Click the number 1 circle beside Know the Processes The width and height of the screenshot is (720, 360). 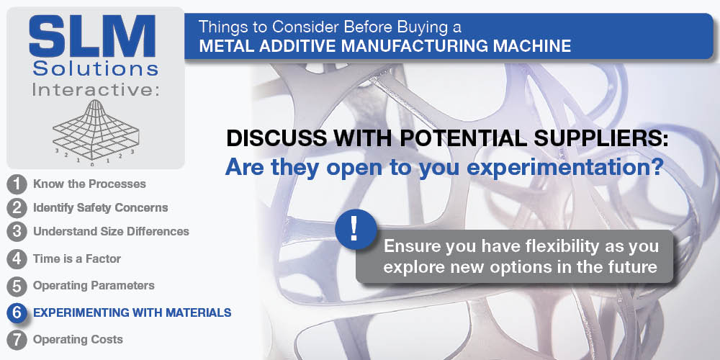tap(17, 184)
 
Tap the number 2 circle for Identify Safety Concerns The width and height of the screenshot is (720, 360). tap(17, 208)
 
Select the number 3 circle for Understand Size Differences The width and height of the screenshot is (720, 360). tap(17, 231)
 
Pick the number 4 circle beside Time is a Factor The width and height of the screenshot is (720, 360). tap(17, 259)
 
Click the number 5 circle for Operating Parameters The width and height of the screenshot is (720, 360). tap(17, 286)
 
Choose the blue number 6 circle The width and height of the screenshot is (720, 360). tap(17, 313)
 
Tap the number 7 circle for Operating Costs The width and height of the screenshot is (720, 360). tap(17, 341)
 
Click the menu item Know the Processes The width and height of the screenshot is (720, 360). tap(89, 184)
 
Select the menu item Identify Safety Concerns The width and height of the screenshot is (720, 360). tap(101, 208)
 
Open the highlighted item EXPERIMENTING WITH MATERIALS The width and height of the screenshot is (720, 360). tap(132, 313)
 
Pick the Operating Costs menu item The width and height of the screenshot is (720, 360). tap(78, 340)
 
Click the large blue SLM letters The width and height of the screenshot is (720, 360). tap(93, 37)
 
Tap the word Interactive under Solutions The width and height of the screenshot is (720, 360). tap(95, 89)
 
